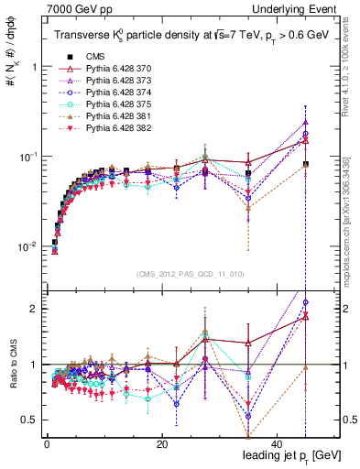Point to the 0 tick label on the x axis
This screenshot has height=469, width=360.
click(x=47, y=444)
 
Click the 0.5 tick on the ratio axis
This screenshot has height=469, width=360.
click(x=31, y=420)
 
